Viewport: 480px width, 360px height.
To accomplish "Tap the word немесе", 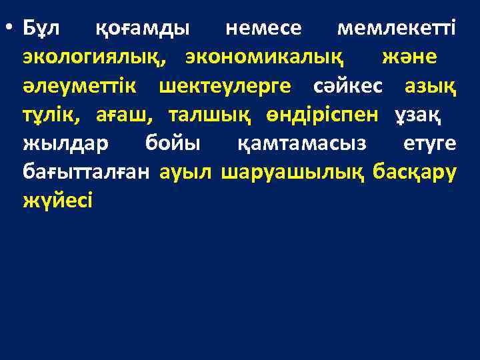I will [x=264, y=29].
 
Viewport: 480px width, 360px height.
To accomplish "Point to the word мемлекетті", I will [x=397, y=29].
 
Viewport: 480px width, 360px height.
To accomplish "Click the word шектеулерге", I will [x=231, y=86].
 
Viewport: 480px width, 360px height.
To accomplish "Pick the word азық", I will [x=430, y=86].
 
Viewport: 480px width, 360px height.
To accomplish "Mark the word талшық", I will [x=210, y=115].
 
